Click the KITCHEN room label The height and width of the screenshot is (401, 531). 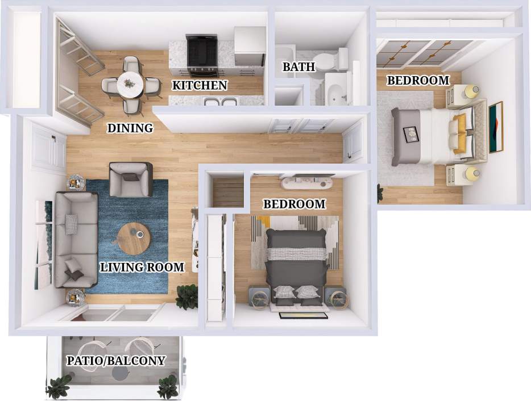200,86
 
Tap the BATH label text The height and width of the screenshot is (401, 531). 298,67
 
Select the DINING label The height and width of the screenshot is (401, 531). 130,128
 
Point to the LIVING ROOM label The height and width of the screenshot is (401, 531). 142,267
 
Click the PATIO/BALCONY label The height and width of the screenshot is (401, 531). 116,360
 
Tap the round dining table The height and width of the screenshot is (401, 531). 131,84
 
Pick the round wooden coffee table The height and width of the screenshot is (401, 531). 135,239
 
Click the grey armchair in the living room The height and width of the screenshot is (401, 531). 131,178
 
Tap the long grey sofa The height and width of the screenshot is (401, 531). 76,239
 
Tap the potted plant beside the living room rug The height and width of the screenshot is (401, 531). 186,296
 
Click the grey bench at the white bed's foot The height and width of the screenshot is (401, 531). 405,136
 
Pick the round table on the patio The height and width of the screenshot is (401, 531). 119,372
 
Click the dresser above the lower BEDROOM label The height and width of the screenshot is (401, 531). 306,183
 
